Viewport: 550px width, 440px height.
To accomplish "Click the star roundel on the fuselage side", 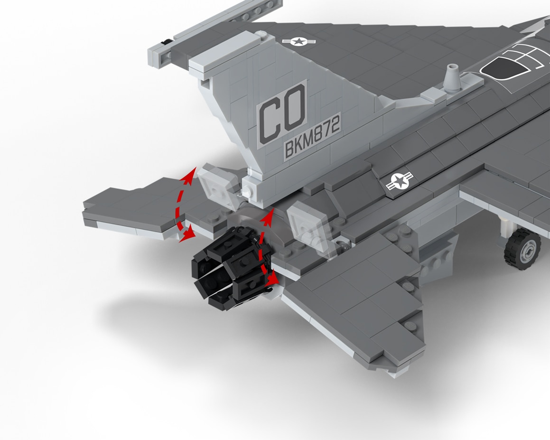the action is point(399,181).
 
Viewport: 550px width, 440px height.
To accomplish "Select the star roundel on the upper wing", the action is point(299,41).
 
